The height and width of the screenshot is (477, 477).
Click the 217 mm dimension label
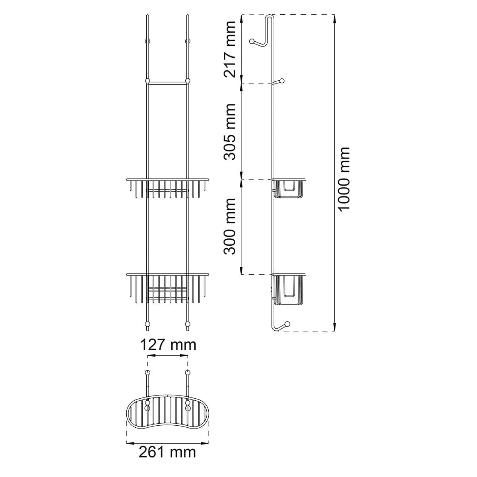pos(229,50)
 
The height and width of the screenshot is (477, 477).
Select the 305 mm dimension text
pos(229,132)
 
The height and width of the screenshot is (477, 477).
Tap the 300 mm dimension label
pos(229,226)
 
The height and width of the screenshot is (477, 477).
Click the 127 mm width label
pos(168,345)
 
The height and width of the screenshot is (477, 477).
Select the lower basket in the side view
pos(289,290)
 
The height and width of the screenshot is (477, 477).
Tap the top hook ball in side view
pos(252,41)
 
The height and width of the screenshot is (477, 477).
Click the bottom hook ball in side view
pos(287,324)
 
